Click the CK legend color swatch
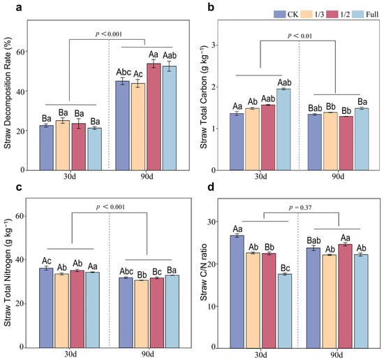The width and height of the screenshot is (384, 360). pos(280,14)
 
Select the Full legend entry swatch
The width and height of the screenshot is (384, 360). pos(358,14)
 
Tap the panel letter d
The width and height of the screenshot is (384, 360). pos(211,187)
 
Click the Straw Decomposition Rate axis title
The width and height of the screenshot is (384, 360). pos(8,93)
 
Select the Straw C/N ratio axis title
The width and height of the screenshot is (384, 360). pos(204,273)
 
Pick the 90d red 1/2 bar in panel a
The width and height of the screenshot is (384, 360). pos(154,117)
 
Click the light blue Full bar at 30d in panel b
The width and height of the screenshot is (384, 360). pos(284,129)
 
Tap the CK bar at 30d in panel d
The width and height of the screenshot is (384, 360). pos(237,291)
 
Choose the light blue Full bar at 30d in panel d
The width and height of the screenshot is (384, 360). pos(285,311)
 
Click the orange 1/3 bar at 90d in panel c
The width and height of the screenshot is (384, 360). pos(141,314)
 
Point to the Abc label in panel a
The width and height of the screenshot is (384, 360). pos(124,72)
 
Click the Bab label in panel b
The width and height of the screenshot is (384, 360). pos(315,108)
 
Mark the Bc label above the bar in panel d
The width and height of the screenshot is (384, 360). pos(286,268)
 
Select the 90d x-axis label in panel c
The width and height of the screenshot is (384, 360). pos(148,354)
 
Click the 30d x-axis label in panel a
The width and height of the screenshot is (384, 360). pos(70,176)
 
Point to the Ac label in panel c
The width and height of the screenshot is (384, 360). pos(47,261)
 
